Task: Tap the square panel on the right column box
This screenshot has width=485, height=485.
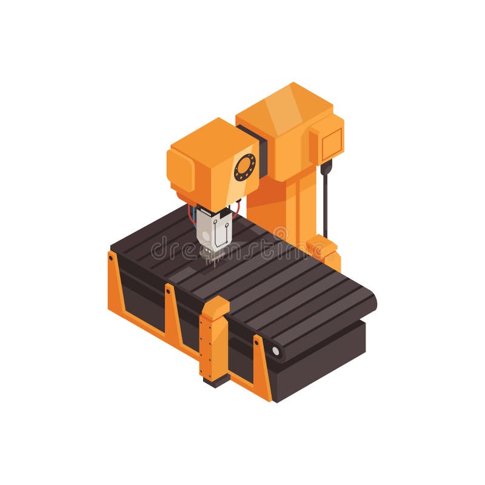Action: click(332, 144)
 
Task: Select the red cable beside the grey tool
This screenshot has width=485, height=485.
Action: click(236, 209)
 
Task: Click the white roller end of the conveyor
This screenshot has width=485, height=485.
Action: click(276, 350)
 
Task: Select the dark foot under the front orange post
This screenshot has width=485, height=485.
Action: click(216, 380)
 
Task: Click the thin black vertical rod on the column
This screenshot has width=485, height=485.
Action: click(325, 206)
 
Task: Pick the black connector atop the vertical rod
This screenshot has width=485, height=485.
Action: click(326, 167)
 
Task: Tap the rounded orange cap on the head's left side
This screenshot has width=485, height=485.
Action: click(180, 170)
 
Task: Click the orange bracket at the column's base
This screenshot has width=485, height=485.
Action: click(322, 249)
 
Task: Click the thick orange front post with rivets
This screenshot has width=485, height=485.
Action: click(214, 339)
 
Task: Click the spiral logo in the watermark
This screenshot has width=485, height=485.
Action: click(280, 233)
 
